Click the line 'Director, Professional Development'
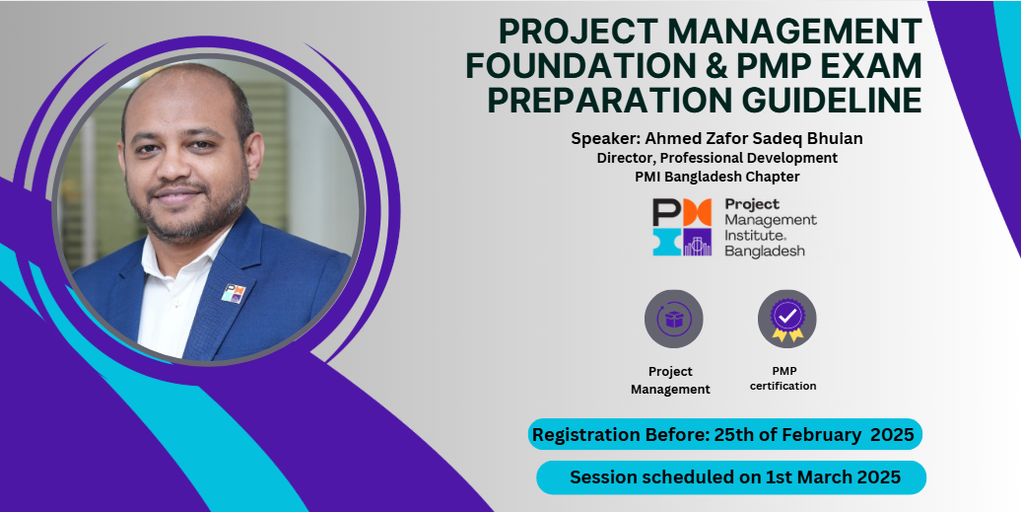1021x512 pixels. [x=716, y=158]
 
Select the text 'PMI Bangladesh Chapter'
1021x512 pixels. [x=716, y=177]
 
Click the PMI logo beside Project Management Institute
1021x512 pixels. [x=682, y=227]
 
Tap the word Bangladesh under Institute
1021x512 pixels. [x=765, y=251]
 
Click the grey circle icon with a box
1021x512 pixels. [x=673, y=320]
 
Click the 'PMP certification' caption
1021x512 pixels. [x=783, y=379]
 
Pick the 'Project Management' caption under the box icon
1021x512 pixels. [x=670, y=381]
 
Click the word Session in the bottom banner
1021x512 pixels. [x=603, y=477]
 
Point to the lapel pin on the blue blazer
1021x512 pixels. [x=234, y=294]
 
